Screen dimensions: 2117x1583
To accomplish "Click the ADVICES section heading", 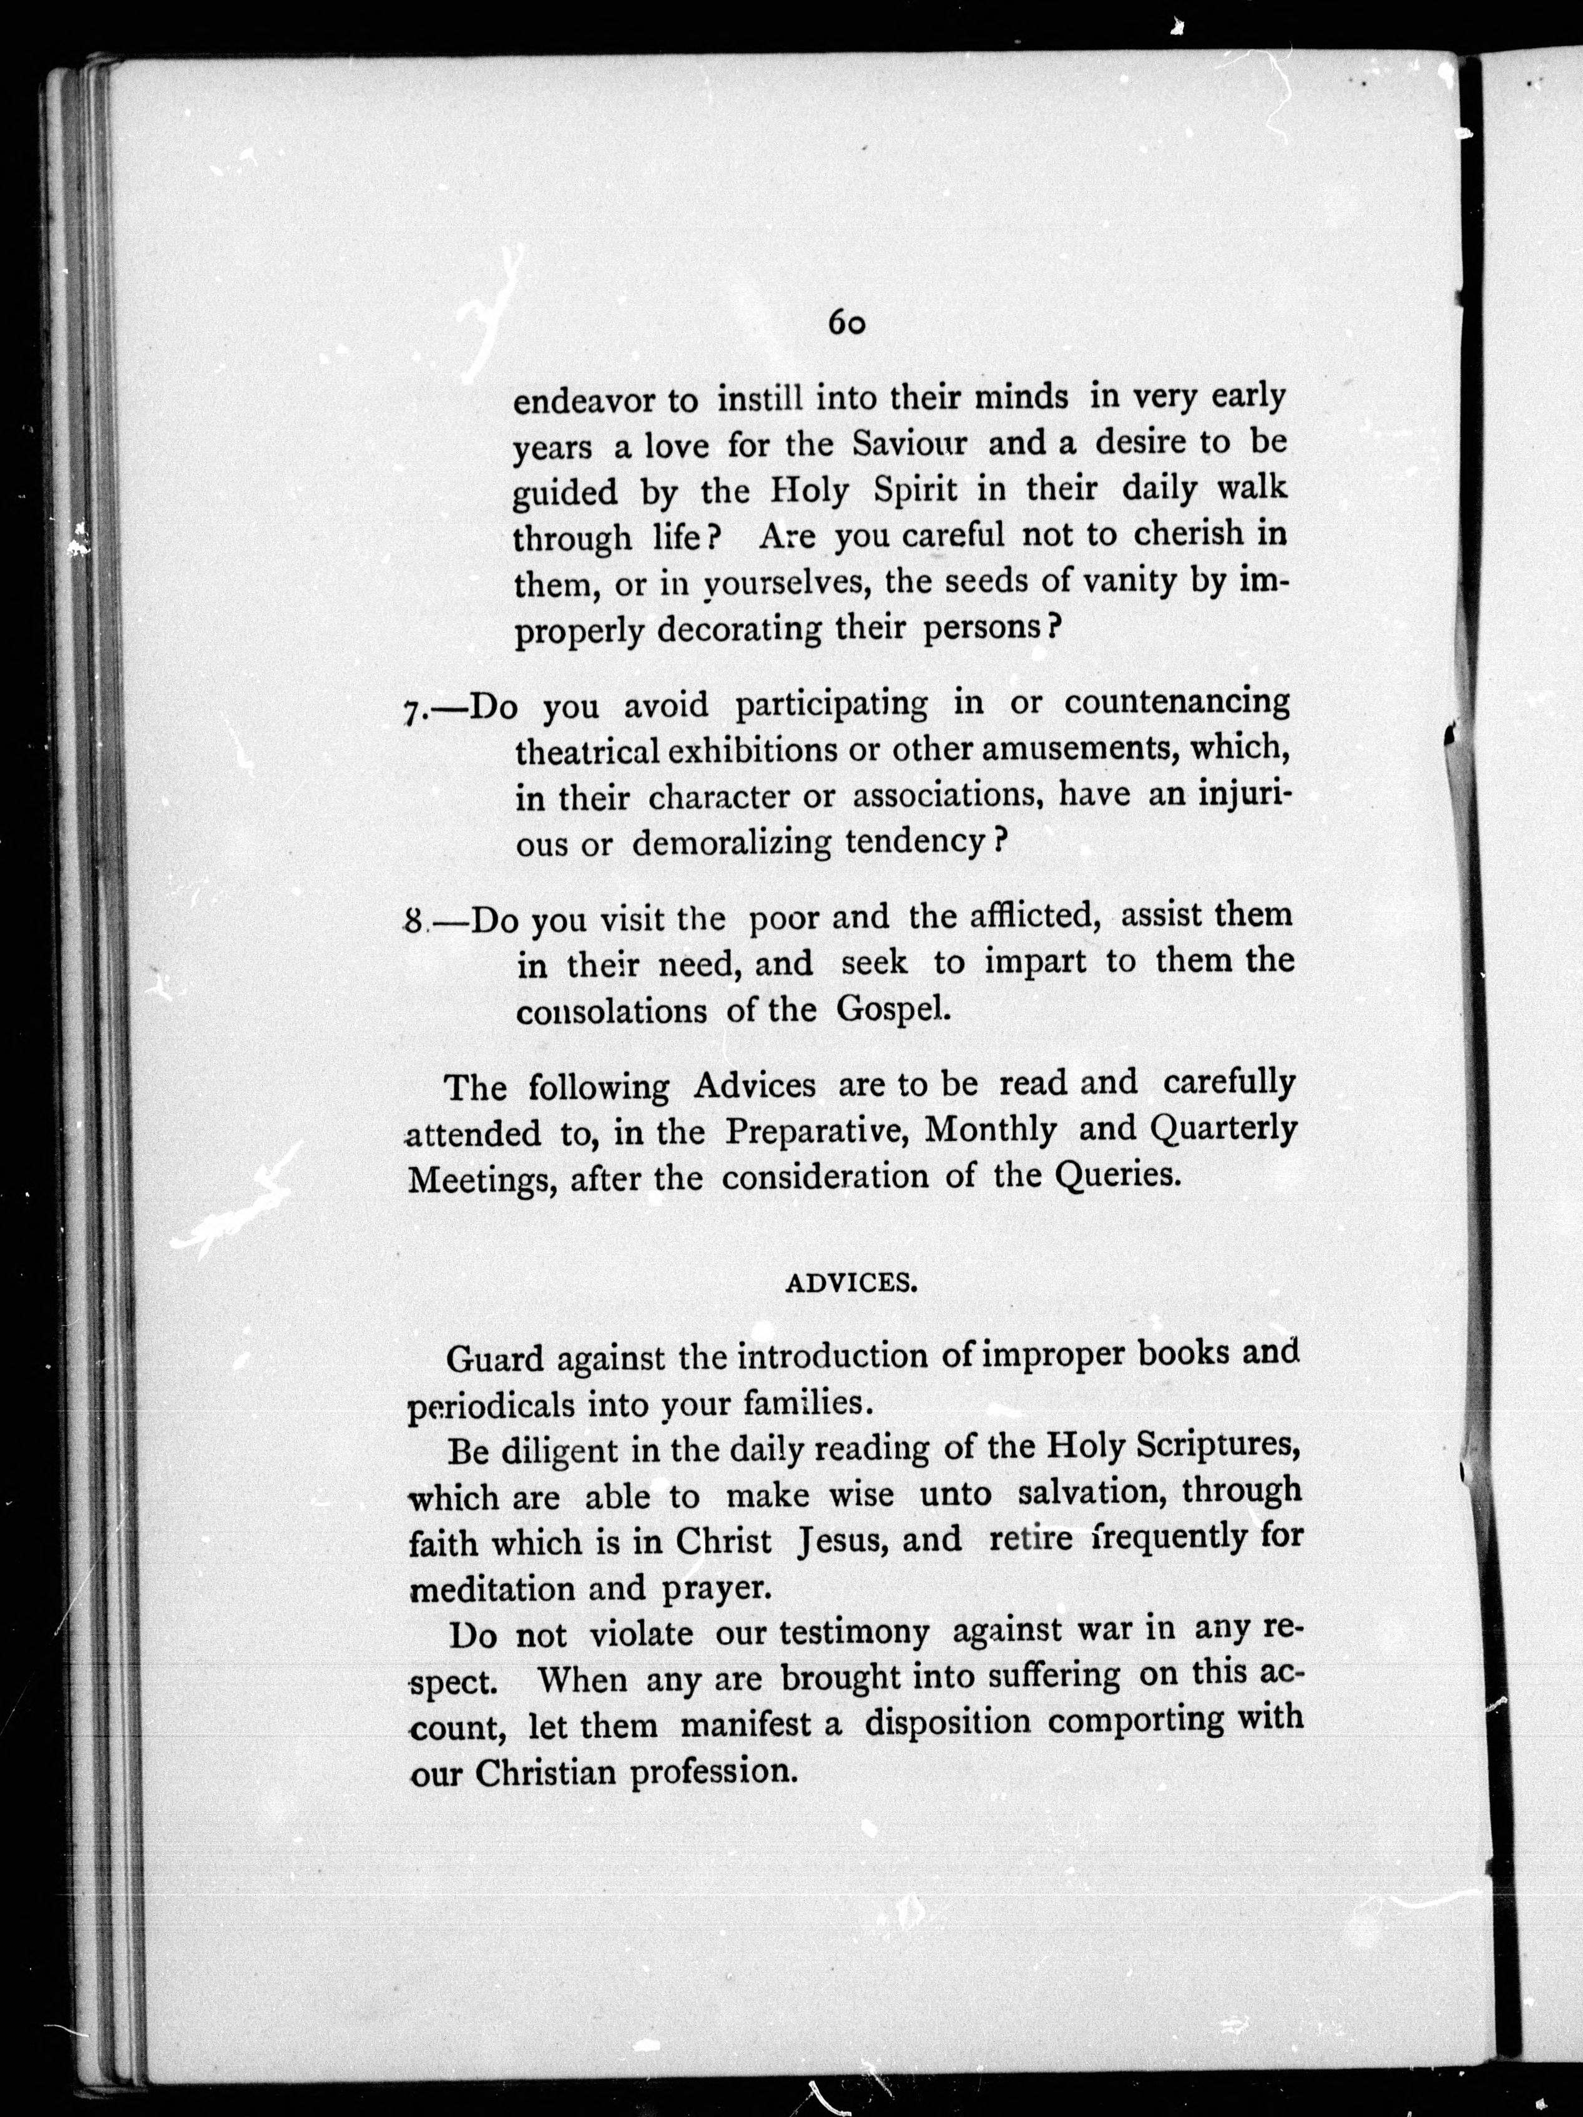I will click(x=851, y=1284).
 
